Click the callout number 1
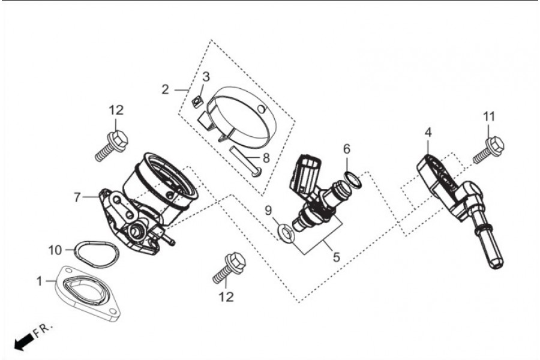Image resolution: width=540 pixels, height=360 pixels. click(x=39, y=281)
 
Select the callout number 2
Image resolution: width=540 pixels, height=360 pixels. click(x=166, y=89)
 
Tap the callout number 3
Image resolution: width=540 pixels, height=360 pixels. click(x=206, y=77)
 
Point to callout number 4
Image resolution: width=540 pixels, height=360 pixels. click(x=428, y=132)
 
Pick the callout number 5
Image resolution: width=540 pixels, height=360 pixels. click(x=336, y=257)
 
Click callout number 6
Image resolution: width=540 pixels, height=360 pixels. click(x=346, y=149)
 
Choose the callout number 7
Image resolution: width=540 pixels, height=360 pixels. click(x=77, y=197)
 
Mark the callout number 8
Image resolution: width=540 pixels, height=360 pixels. click(x=266, y=158)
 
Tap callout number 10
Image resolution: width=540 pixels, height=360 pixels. click(x=55, y=250)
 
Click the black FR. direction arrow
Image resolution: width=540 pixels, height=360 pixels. click(x=25, y=343)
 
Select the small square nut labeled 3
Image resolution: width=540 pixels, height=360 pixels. click(x=197, y=103)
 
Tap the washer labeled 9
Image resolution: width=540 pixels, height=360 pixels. click(x=286, y=233)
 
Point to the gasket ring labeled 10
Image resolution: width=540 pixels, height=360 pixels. click(x=97, y=254)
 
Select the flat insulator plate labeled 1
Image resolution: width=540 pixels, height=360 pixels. click(x=89, y=293)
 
